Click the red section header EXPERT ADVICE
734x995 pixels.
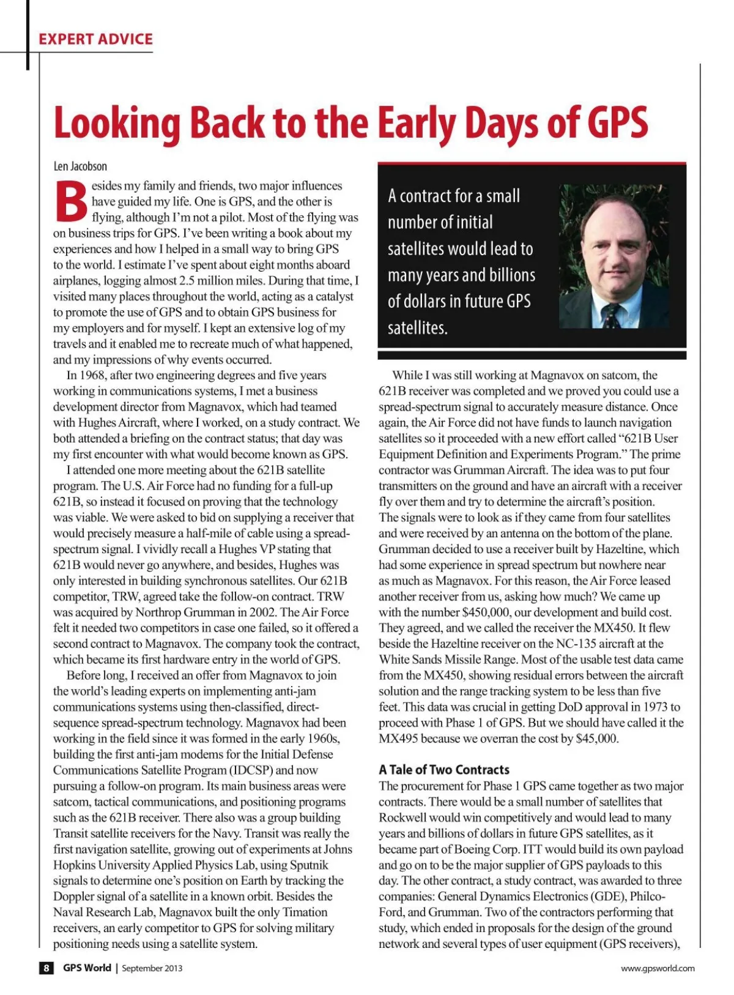95,39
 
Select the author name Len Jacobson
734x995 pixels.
80,166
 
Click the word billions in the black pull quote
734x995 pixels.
510,275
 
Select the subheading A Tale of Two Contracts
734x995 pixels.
444,770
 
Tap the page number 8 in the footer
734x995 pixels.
46,968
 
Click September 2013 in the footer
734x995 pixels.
152,968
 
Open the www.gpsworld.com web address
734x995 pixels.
658,968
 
